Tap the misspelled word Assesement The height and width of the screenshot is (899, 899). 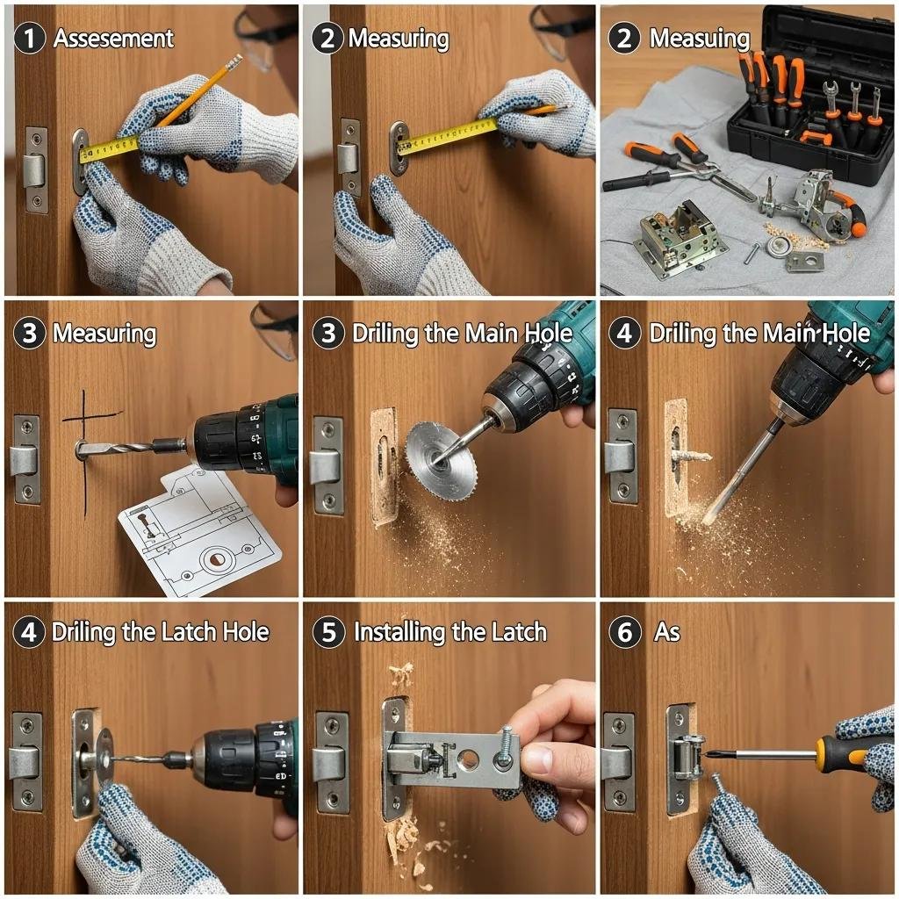point(113,39)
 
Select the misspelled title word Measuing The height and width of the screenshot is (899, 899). point(699,39)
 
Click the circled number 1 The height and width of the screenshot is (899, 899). point(30,40)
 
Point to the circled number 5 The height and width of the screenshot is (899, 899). point(328,633)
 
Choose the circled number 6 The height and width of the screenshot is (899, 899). point(625,633)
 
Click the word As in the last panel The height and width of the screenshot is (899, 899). point(666,633)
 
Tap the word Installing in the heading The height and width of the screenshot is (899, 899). point(400,633)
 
